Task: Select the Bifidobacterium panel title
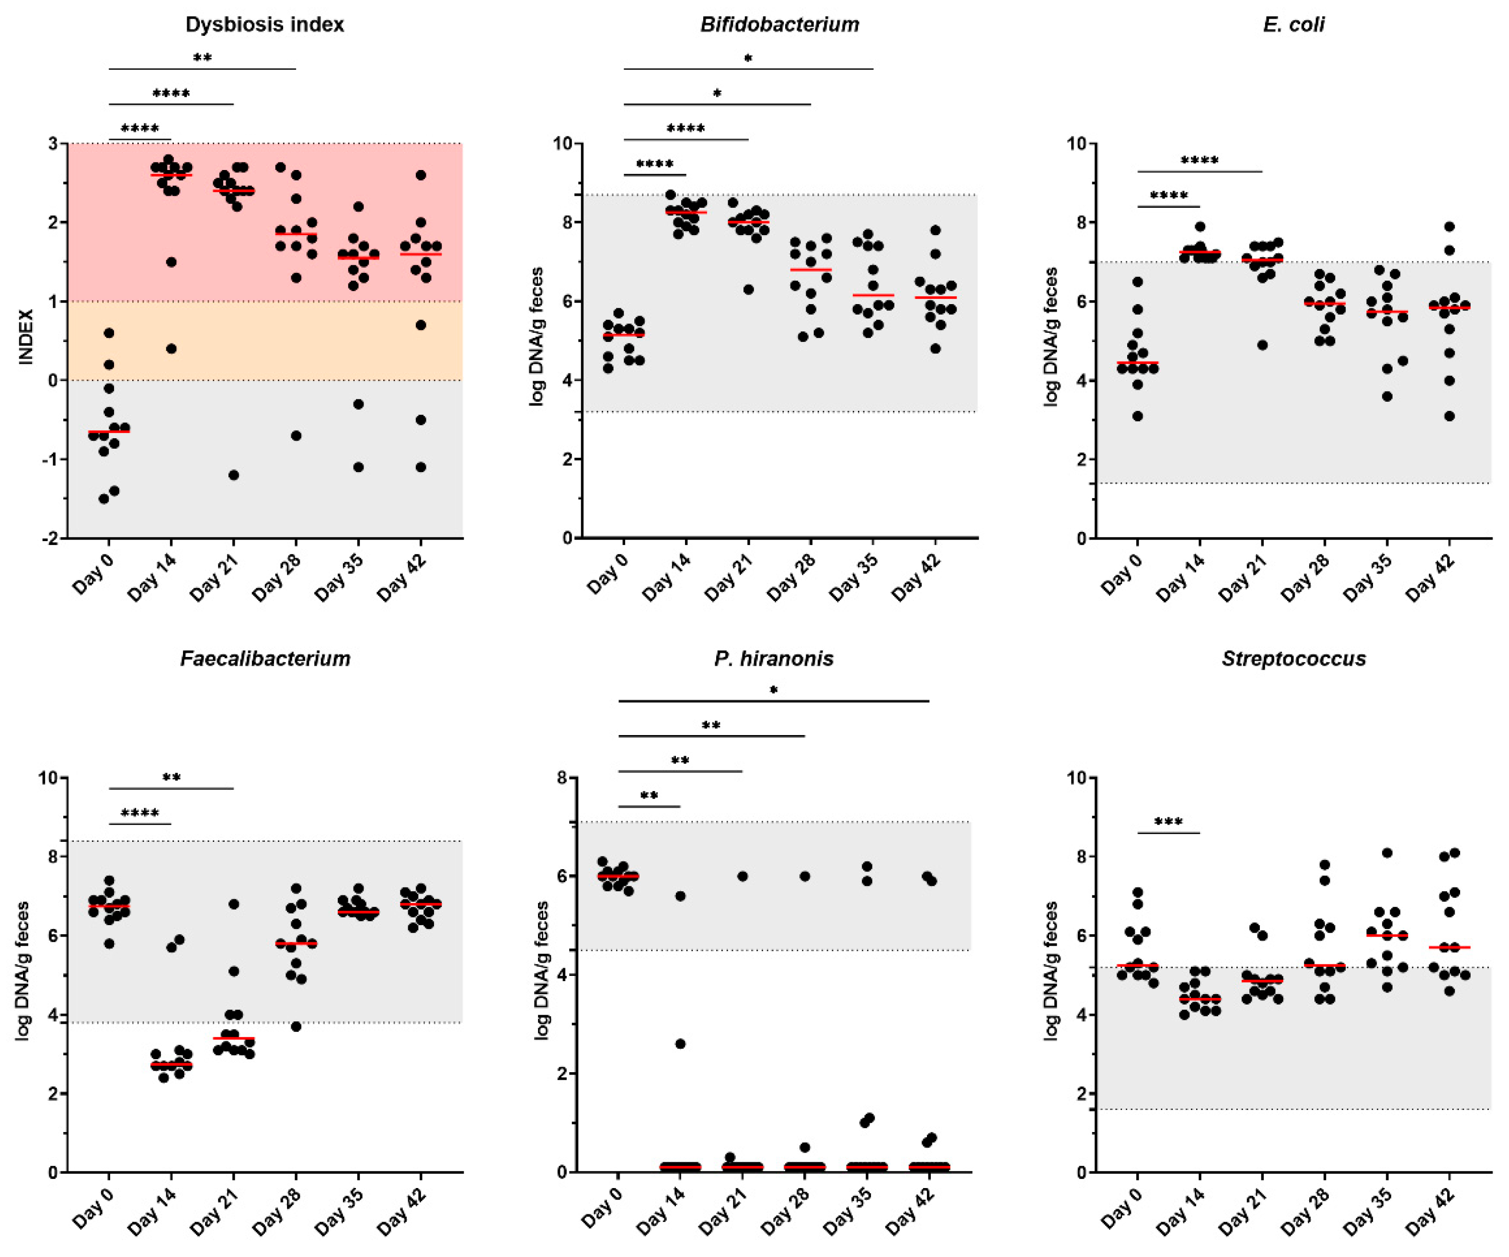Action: pos(780,24)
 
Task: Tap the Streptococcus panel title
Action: pos(1293,659)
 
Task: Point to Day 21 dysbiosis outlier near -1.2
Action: pos(234,475)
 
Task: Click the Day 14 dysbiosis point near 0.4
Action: pos(171,349)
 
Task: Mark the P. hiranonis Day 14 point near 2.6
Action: pos(680,1044)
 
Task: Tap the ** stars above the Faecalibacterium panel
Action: pos(171,778)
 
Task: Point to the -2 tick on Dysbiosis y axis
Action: pos(53,538)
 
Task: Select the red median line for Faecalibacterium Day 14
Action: pos(171,1064)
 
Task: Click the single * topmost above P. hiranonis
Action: pos(773,691)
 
